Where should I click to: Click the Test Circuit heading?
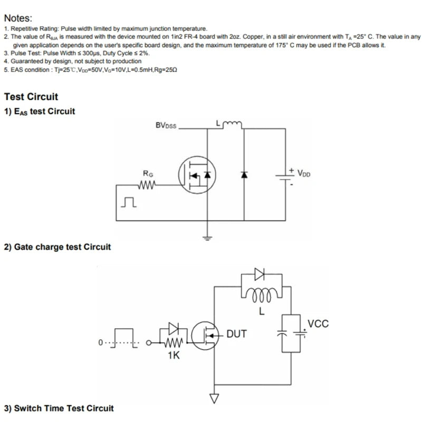click(31, 97)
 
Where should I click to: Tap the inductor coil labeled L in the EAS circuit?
click(233, 124)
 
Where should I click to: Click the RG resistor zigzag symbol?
click(147, 185)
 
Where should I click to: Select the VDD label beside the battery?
click(304, 173)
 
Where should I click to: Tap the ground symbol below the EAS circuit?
click(207, 238)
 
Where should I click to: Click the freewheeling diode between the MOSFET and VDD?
click(244, 175)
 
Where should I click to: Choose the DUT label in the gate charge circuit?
click(236, 334)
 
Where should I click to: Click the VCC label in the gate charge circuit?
click(318, 324)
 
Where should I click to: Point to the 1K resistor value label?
click(174, 356)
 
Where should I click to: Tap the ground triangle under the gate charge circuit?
click(214, 398)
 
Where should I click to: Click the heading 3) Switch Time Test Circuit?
click(59, 408)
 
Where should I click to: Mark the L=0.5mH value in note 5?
click(137, 70)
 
